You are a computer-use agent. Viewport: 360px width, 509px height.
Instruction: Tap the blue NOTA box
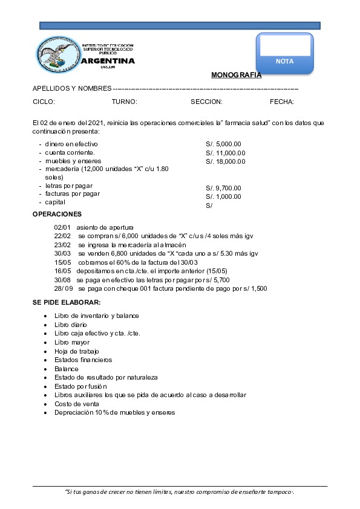click(284, 54)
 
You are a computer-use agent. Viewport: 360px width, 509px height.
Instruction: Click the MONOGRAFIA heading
click(236, 76)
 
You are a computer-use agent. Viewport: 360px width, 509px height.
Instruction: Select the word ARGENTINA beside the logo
click(108, 61)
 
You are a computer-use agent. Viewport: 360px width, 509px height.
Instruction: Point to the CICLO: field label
click(44, 102)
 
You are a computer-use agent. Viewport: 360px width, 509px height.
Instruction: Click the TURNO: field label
click(125, 102)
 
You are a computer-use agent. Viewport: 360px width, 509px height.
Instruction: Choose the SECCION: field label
click(206, 102)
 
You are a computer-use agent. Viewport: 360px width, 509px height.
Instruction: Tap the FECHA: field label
click(282, 102)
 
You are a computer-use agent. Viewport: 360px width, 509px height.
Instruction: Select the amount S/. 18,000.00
click(226, 161)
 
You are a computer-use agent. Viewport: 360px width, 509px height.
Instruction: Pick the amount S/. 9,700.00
click(223, 188)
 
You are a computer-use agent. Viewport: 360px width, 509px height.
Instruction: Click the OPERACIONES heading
click(57, 215)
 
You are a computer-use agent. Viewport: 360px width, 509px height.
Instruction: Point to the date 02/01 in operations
click(62, 227)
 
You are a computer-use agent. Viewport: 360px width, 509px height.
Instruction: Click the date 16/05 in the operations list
click(62, 271)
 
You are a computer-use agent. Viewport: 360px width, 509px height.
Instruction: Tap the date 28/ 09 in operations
click(63, 289)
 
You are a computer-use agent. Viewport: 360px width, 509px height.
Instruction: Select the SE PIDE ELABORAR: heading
click(67, 302)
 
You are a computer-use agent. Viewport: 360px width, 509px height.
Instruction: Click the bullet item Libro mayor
click(71, 342)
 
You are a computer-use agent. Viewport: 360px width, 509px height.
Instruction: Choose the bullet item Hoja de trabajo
click(76, 351)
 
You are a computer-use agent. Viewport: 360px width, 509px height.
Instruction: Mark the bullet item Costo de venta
click(75, 404)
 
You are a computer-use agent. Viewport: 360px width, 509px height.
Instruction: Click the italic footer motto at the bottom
click(180, 492)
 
